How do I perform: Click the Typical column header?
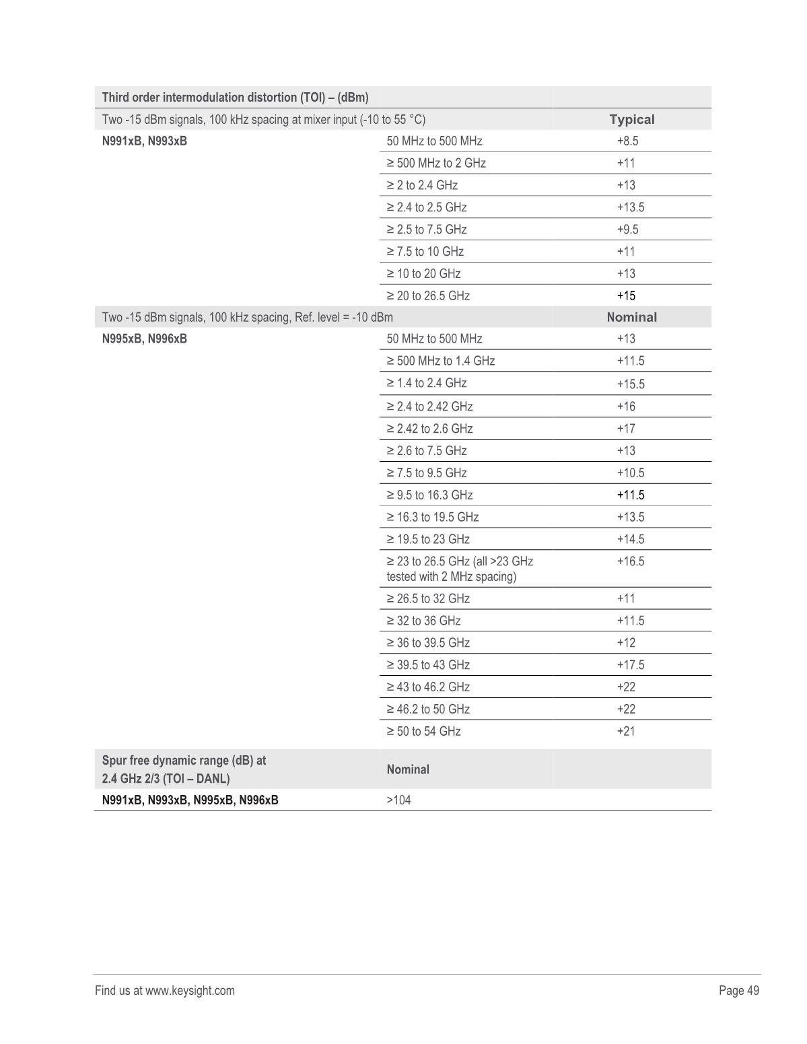point(631,120)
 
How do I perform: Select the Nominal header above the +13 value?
point(631,317)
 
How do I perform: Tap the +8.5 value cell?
point(627,141)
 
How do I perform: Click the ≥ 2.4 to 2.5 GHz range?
point(426,207)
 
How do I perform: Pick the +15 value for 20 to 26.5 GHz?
point(626,295)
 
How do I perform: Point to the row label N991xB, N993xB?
point(145,141)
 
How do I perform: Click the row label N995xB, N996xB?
point(145,339)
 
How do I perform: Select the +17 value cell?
point(626,429)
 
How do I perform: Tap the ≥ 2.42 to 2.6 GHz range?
point(429,429)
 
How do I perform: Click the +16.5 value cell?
point(630,561)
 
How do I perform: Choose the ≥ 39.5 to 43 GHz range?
point(428,665)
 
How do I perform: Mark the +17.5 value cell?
point(630,665)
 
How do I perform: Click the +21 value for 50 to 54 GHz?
point(626,731)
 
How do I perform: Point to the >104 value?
point(398,800)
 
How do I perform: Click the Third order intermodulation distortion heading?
point(235,98)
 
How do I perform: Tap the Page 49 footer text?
point(738,990)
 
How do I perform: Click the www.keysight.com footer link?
point(190,990)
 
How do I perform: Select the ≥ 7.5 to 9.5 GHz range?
point(426,473)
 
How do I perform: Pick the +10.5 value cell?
point(630,473)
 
